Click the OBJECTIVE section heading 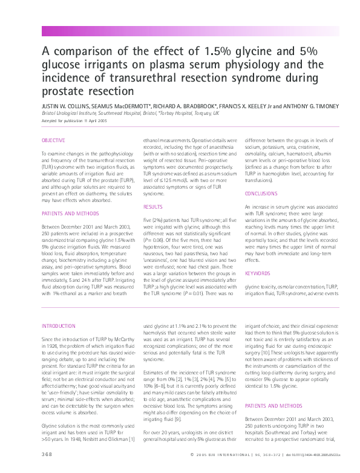[x=53, y=140]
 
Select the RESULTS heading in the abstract [x=153, y=206]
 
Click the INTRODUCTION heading [x=59, y=325]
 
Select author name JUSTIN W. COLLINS [x=65, y=105]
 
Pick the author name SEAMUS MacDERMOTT [x=120, y=105]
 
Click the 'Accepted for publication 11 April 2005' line [x=68, y=121]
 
